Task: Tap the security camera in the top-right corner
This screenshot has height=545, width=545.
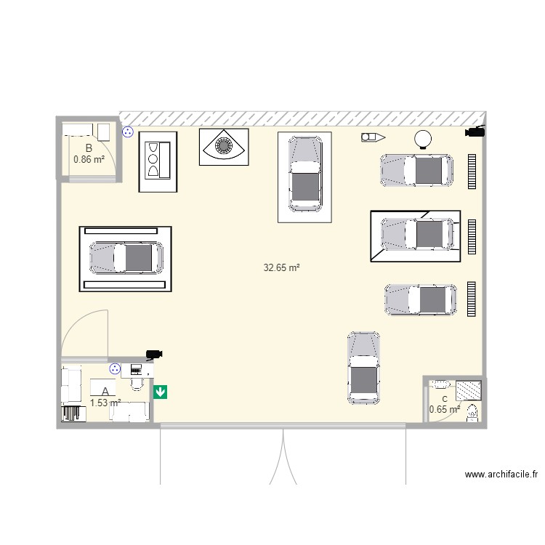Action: tap(475, 132)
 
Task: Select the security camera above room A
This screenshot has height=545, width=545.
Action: tap(153, 354)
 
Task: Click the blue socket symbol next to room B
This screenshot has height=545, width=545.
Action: tap(128, 132)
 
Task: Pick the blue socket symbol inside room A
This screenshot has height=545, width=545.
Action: tap(115, 369)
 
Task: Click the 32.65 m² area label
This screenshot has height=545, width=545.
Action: tap(282, 267)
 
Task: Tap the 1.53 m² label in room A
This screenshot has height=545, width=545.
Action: tap(105, 402)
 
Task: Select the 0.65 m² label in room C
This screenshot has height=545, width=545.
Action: tap(444, 409)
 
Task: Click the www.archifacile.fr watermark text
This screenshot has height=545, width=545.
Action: tap(501, 475)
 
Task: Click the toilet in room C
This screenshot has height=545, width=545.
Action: tap(472, 411)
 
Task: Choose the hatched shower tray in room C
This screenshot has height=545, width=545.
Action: tap(469, 390)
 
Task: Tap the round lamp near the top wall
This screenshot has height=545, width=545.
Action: tap(423, 138)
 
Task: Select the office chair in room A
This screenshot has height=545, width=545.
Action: tap(136, 381)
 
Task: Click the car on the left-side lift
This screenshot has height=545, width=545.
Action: tap(126, 257)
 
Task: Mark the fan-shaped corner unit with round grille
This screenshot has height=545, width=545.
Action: tap(224, 146)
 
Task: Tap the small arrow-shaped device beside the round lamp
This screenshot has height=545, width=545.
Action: tap(373, 137)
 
